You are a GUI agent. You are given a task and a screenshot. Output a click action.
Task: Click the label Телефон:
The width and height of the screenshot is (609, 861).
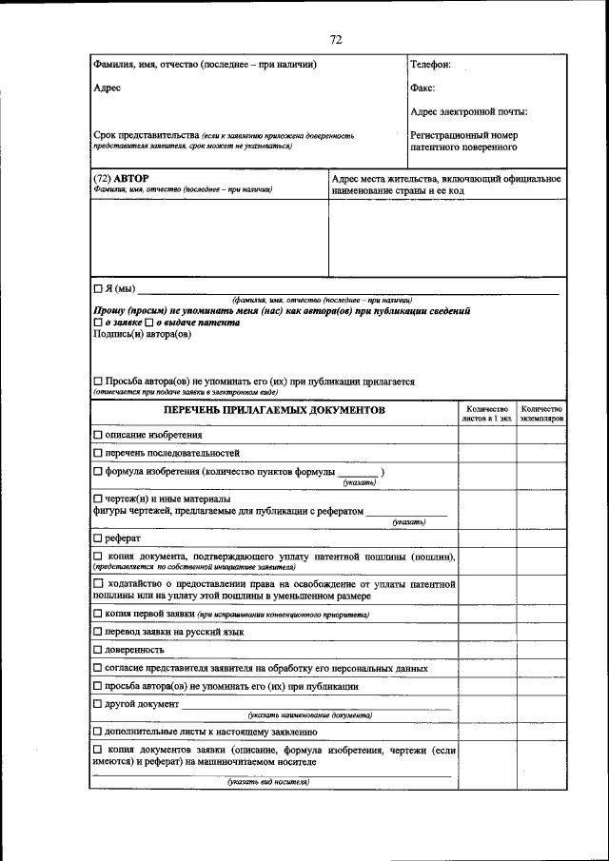430,65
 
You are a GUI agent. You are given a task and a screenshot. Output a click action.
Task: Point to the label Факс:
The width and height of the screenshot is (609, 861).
422,88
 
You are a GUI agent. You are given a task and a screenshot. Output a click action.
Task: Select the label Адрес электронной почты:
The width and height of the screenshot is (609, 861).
468,112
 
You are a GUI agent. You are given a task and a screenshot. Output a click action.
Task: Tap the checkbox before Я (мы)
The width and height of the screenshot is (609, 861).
98,288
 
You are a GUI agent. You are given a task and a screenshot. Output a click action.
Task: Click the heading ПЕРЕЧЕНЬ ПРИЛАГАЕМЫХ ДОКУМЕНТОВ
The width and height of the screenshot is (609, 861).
274,410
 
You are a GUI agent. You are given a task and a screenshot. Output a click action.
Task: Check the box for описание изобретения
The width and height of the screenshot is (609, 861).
98,435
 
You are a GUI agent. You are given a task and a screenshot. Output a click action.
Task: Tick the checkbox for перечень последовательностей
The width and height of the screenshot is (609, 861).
98,453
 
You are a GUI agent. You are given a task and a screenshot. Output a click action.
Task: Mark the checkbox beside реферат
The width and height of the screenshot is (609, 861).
98,538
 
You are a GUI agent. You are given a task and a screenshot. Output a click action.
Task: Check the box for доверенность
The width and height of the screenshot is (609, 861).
98,650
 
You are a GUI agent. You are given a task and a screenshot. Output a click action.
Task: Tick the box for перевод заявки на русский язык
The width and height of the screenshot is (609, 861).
98,631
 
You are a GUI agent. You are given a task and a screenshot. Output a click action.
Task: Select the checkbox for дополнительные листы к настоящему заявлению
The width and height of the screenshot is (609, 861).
98,732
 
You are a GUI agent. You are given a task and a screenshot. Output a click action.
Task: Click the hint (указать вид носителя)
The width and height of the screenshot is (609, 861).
268,782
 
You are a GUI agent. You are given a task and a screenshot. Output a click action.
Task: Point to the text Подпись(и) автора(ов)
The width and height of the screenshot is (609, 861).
142,334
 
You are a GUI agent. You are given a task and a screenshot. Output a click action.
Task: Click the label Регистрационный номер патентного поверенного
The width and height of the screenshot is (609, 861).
464,142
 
